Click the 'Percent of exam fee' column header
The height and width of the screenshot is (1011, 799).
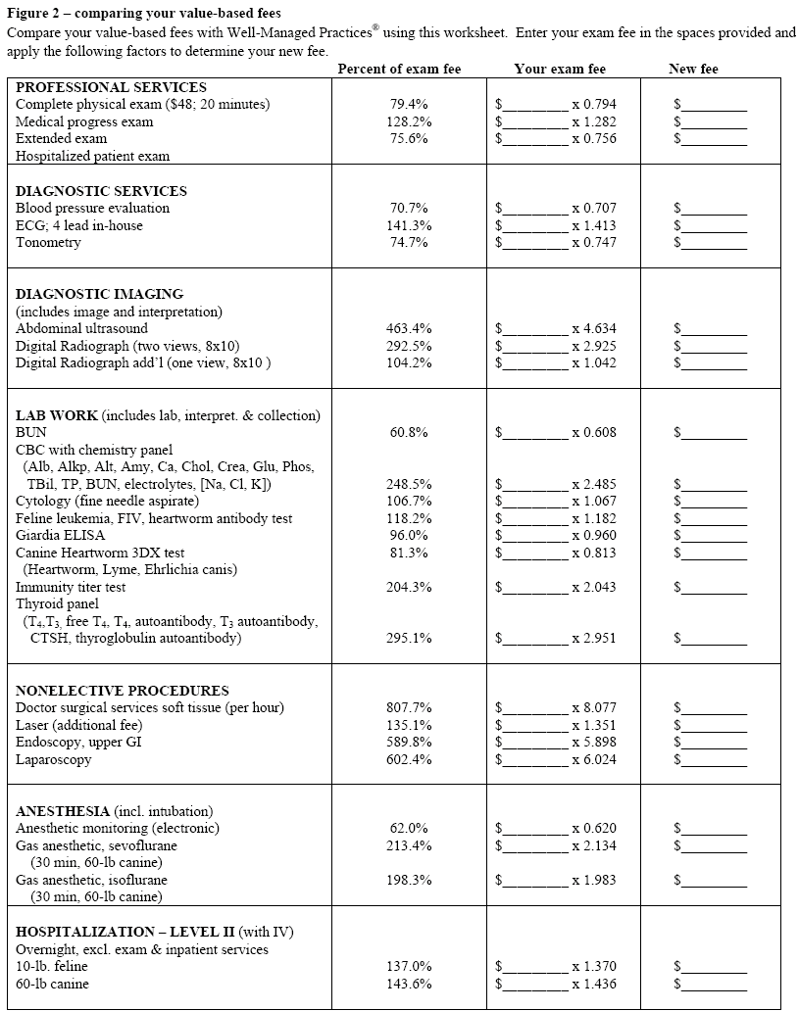tap(398, 70)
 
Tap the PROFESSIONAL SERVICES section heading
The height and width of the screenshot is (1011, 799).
tap(111, 87)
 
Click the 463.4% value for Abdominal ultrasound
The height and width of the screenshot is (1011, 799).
tap(410, 329)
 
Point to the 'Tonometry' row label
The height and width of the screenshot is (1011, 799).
tap(48, 243)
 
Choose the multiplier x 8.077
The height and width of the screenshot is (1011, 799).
tap(594, 707)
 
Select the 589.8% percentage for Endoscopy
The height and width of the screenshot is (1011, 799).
tap(410, 743)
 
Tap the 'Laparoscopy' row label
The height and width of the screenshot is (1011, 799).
tap(53, 760)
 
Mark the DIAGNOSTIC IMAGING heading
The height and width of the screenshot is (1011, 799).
tap(99, 294)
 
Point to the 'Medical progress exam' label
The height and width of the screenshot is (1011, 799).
tap(84, 121)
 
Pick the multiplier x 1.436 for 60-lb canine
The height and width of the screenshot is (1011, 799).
tap(594, 984)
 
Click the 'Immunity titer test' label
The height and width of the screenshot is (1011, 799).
tap(71, 588)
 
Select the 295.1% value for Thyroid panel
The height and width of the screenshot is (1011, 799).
tap(410, 639)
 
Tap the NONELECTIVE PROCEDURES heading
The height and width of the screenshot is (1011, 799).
tap(122, 691)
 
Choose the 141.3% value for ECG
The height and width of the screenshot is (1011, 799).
tap(410, 225)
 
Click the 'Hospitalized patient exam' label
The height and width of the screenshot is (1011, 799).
tap(92, 156)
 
